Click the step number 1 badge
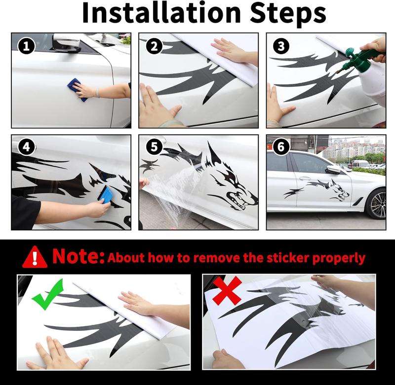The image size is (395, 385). point(26,46)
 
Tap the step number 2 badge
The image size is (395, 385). point(154,46)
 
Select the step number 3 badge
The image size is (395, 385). point(281,46)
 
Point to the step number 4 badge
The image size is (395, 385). point(26,147)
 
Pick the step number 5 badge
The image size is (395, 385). point(154,147)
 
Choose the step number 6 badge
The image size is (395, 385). point(281,147)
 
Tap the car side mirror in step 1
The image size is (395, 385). point(67,43)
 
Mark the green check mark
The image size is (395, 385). point(47,294)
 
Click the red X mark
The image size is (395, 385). point(227,290)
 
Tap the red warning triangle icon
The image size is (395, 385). point(35,257)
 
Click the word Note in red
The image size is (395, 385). point(78,256)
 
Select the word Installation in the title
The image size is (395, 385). point(161,13)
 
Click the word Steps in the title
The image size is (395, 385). point(288,14)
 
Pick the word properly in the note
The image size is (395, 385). point(339,259)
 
